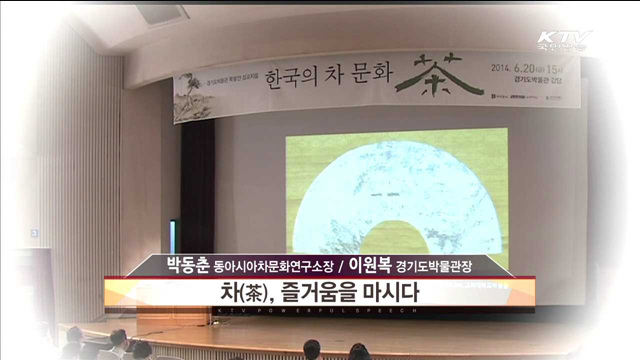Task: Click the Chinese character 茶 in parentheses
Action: tap(254, 294)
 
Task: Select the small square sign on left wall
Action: tap(34, 233)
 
